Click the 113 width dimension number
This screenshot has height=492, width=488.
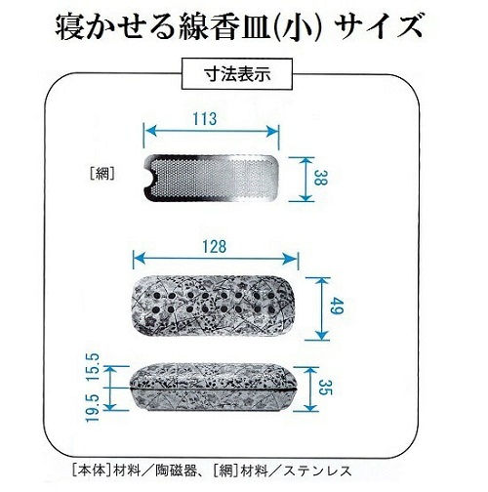point(204,119)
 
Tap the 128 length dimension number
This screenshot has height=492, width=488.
point(214,247)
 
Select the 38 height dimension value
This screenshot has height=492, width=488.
point(320,179)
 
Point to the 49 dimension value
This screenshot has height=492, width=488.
point(336,307)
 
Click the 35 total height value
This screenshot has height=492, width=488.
point(324,387)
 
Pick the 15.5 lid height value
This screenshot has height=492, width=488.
point(92,367)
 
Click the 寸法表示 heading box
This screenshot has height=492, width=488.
point(237,74)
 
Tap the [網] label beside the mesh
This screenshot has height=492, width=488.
point(102,175)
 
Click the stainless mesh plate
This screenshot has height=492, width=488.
point(211,178)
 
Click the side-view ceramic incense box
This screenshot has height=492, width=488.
point(214,388)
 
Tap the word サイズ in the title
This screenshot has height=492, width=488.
point(380,27)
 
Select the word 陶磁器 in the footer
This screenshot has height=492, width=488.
point(177,471)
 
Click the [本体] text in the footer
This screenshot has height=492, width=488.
point(91,471)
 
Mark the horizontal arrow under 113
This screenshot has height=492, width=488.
point(211,132)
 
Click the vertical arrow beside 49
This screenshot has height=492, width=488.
point(321,308)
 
